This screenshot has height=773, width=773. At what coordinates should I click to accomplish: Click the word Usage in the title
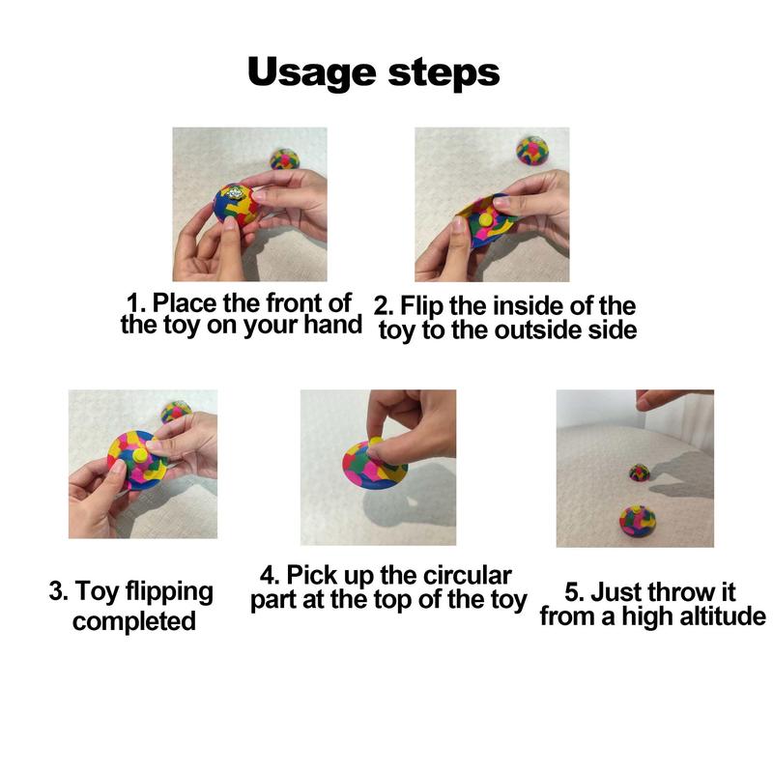pyautogui.click(x=311, y=73)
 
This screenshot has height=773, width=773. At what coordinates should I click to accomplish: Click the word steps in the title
pyautogui.click(x=444, y=73)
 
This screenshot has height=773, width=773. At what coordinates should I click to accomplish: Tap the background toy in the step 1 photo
pyautogui.click(x=285, y=158)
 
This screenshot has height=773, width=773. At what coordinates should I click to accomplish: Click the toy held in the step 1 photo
pyautogui.click(x=236, y=204)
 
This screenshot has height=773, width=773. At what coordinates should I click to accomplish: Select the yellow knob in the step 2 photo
pyautogui.click(x=486, y=217)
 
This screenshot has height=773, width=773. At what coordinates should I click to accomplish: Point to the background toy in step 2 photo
pyautogui.click(x=532, y=151)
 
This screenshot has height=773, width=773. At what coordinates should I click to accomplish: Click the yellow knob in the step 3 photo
pyautogui.click(x=140, y=455)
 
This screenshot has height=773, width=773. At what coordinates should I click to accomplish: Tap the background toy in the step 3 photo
pyautogui.click(x=176, y=413)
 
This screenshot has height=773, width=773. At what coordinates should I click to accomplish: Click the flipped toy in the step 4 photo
pyautogui.click(x=375, y=464)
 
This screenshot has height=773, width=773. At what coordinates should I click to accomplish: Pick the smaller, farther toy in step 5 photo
pyautogui.click(x=640, y=472)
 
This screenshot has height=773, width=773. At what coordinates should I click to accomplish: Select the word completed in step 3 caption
pyautogui.click(x=134, y=621)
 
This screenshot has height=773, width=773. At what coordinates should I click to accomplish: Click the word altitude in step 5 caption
pyautogui.click(x=723, y=616)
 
